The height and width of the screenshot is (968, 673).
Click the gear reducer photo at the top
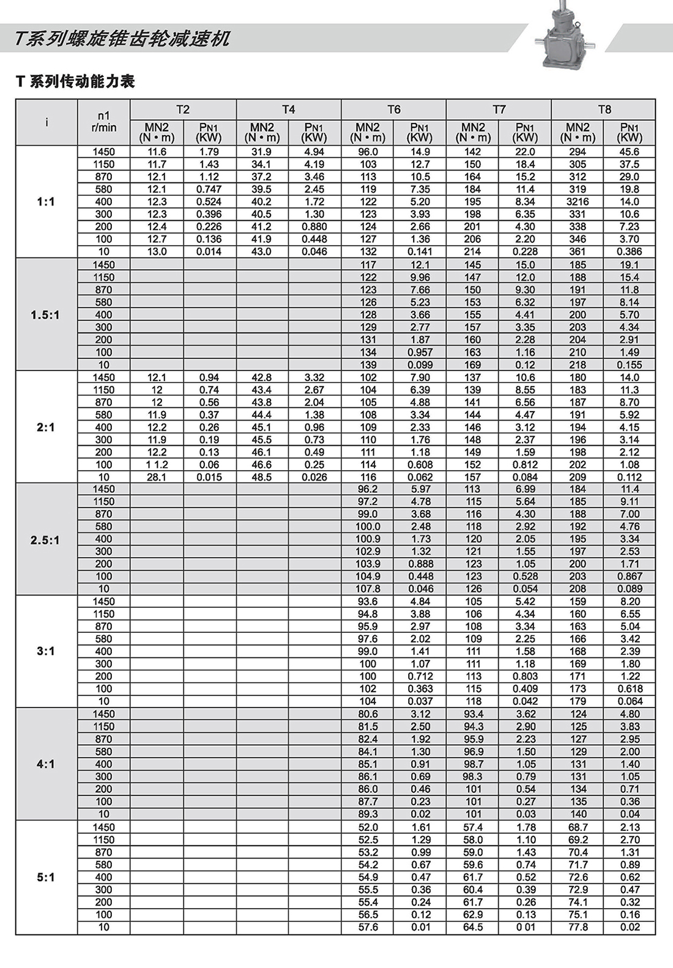[x=561, y=37]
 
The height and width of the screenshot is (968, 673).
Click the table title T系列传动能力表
[x=75, y=81]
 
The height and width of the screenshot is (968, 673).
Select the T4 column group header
[x=288, y=109]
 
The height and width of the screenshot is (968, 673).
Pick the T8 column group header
[x=604, y=109]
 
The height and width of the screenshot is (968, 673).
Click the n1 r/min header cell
[x=103, y=122]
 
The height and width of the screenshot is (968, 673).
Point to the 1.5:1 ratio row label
[x=46, y=315]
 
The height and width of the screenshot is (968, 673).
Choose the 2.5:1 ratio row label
[x=46, y=540]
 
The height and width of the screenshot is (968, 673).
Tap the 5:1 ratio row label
[x=46, y=877]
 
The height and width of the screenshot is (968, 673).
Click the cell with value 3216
[x=578, y=202]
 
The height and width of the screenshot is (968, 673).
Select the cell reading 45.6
[x=630, y=152]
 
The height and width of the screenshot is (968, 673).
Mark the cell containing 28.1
[x=157, y=477]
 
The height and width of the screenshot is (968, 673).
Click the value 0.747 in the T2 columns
[x=209, y=189]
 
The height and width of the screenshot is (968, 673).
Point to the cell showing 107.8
[x=368, y=589]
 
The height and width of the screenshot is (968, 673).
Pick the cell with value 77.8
[x=578, y=927]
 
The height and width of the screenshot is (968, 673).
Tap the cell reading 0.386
[x=630, y=251]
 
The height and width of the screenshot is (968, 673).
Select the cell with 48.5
[x=262, y=477]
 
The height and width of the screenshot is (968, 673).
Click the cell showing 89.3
[x=368, y=814]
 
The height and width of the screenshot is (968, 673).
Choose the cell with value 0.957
[x=420, y=352]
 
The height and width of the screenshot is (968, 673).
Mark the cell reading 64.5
[x=473, y=927]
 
